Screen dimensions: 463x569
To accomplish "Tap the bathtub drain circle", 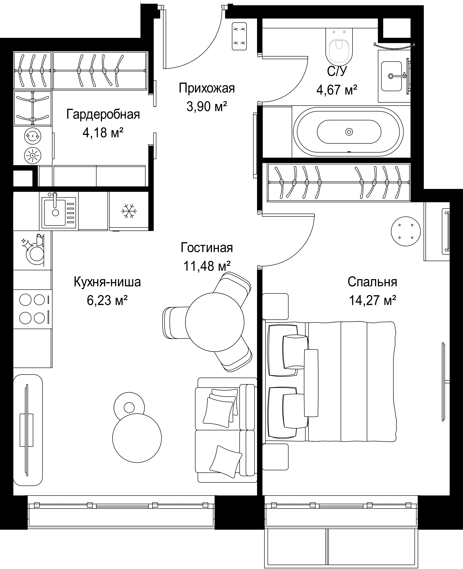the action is click(x=349, y=132).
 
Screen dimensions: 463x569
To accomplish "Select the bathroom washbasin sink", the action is click(x=391, y=76).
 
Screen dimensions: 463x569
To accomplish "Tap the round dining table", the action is click(x=215, y=322).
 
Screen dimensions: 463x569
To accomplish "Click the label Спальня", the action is click(x=372, y=282).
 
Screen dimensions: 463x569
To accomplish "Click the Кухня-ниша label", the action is click(x=107, y=282).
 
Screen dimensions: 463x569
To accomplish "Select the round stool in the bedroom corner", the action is click(x=406, y=231).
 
